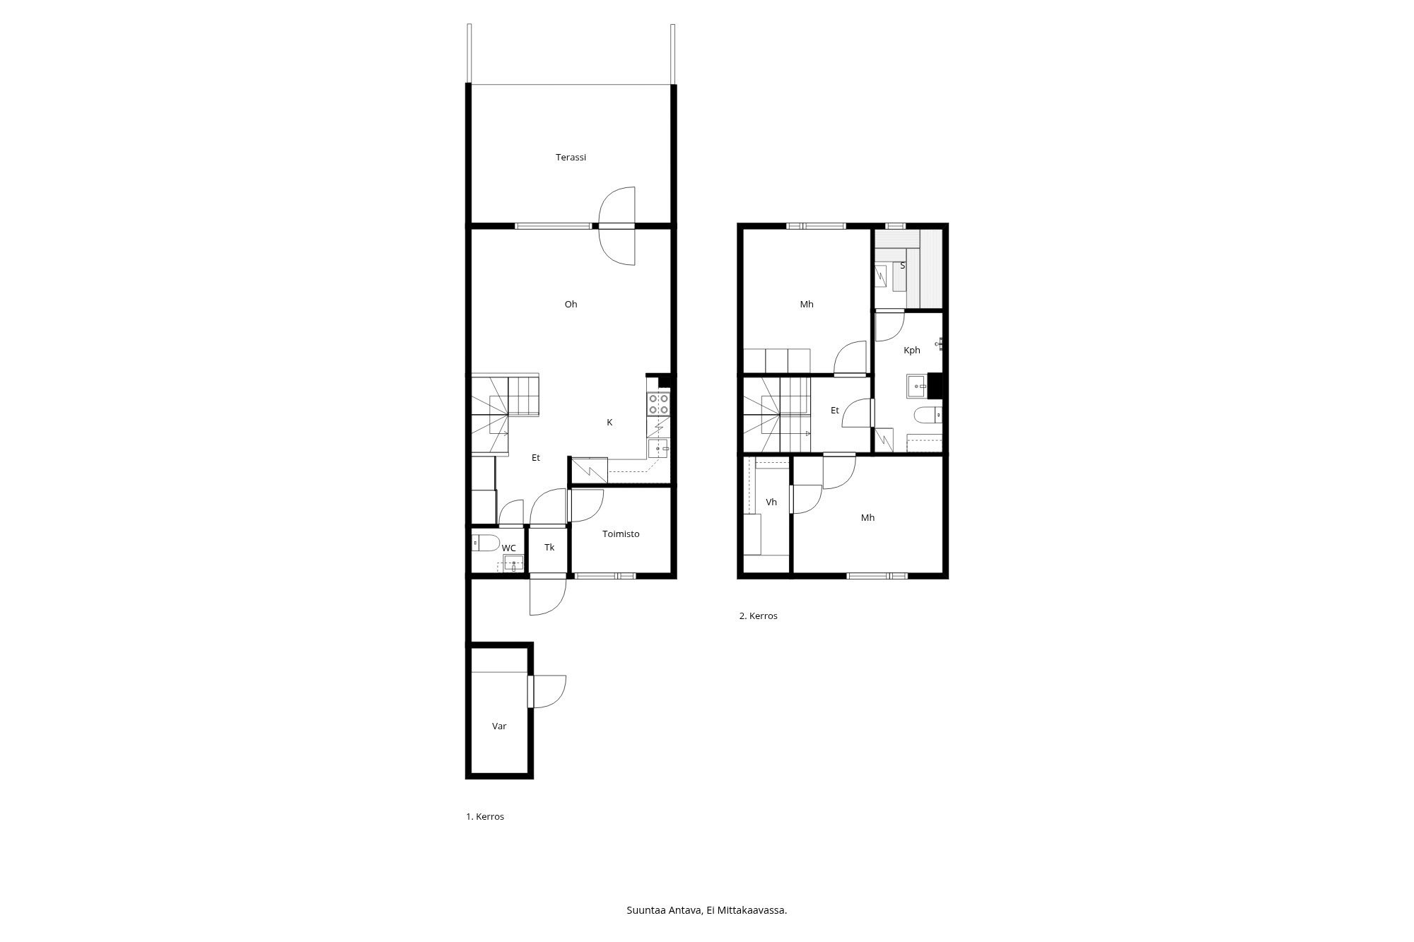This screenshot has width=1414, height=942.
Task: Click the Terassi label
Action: click(x=571, y=158)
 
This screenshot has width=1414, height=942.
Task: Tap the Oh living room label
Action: click(x=571, y=305)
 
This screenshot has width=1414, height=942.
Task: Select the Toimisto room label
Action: click(x=621, y=534)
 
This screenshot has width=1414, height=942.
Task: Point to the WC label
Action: click(x=508, y=548)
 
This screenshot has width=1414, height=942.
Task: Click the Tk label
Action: click(x=549, y=548)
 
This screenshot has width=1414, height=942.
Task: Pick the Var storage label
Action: click(x=499, y=726)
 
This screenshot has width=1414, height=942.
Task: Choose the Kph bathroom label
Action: click(x=912, y=351)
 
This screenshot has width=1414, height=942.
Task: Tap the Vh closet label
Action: click(x=771, y=502)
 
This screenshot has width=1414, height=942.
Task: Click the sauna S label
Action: click(x=903, y=266)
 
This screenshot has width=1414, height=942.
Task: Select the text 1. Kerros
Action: click(x=485, y=817)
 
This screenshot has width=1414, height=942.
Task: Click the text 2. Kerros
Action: click(x=759, y=616)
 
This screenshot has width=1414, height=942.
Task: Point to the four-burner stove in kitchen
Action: click(x=658, y=404)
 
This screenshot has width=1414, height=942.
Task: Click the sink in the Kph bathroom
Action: click(x=918, y=386)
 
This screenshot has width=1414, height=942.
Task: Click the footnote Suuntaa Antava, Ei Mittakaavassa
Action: click(x=707, y=910)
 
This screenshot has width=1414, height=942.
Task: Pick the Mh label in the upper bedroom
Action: click(x=807, y=305)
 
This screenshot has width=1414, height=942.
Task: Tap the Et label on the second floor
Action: click(x=835, y=411)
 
